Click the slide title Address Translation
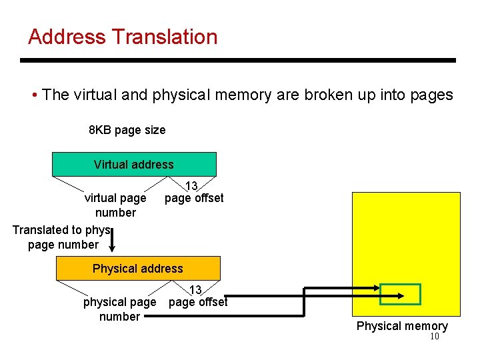pyautogui.click(x=123, y=37)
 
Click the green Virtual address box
pyautogui.click(x=134, y=164)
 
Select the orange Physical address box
pyautogui.click(x=137, y=268)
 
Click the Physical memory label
pyautogui.click(x=402, y=326)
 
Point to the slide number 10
pyautogui.click(x=434, y=337)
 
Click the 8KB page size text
pyautogui.click(x=127, y=130)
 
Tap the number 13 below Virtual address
pyautogui.click(x=191, y=186)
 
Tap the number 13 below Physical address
pyautogui.click(x=195, y=290)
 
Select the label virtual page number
pyautogui.click(x=115, y=205)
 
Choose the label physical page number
pyautogui.click(x=119, y=309)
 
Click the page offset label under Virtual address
pyautogui.click(x=194, y=198)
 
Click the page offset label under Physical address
pyautogui.click(x=198, y=302)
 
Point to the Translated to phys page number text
pyautogui.click(x=62, y=237)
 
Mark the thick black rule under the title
pyautogui.click(x=237, y=61)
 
